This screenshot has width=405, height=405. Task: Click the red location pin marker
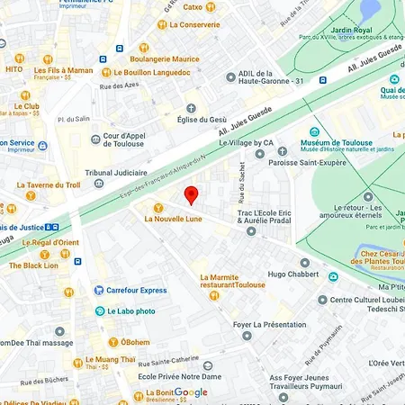pyautogui.click(x=190, y=195)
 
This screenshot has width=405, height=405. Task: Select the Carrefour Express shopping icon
pyautogui.click(x=99, y=291)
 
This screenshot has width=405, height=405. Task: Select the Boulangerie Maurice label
pyautogui.click(x=164, y=58)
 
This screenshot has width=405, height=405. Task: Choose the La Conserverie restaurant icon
pyautogui.click(x=163, y=24)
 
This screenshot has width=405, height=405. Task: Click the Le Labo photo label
pyautogui.click(x=130, y=311)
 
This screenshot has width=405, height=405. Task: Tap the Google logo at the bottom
pyautogui.click(x=190, y=392)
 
